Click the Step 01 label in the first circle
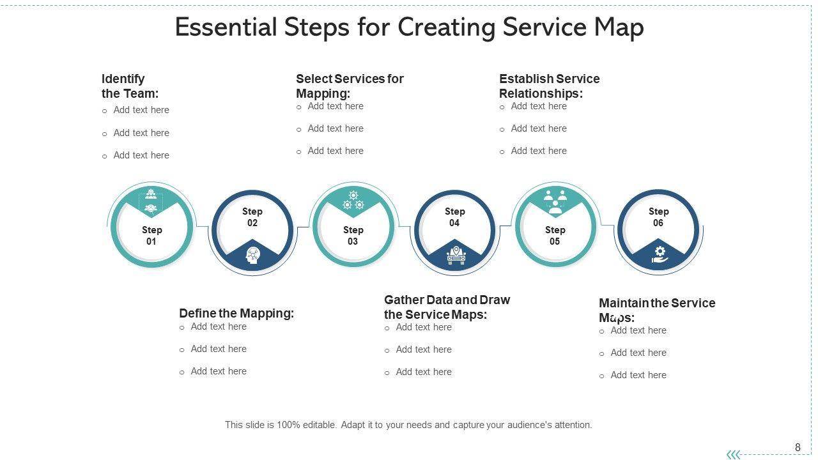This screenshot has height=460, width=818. click(x=151, y=236)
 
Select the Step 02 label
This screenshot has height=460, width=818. click(x=252, y=217)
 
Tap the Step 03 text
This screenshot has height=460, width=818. click(x=353, y=236)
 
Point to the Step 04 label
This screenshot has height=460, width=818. click(x=454, y=217)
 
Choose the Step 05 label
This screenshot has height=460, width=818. click(x=555, y=236)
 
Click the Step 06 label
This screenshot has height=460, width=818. click(x=658, y=217)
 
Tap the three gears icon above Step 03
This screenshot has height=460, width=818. click(x=353, y=200)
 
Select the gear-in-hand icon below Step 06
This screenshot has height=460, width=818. click(x=660, y=254)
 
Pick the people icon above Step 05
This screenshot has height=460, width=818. click(x=555, y=201)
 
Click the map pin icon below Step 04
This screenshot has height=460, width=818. click(x=455, y=255)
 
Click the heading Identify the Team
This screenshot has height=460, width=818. click(x=130, y=86)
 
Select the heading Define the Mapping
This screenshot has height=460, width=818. click(x=236, y=313)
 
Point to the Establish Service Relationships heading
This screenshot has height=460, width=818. click(x=549, y=86)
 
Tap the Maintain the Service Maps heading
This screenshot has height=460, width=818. click(x=656, y=310)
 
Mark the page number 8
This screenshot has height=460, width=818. click(x=798, y=447)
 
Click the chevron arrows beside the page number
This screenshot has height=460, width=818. click(x=734, y=454)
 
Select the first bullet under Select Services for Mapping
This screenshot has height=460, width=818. click(x=335, y=106)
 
